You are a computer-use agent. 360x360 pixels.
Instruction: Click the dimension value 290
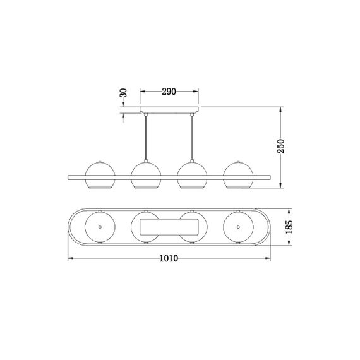click(x=168, y=92)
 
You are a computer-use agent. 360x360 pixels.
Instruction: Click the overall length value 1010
click(x=168, y=258)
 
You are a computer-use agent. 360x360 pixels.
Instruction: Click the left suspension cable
click(x=146, y=139)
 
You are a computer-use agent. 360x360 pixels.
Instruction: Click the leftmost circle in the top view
click(x=99, y=225)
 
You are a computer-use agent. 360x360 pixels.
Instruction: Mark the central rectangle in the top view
click(x=169, y=226)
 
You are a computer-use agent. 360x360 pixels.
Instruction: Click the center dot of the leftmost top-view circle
click(x=99, y=225)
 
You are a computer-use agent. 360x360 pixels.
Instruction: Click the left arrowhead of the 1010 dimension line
click(x=70, y=259)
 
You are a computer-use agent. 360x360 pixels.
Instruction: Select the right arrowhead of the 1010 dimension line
click(x=267, y=259)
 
